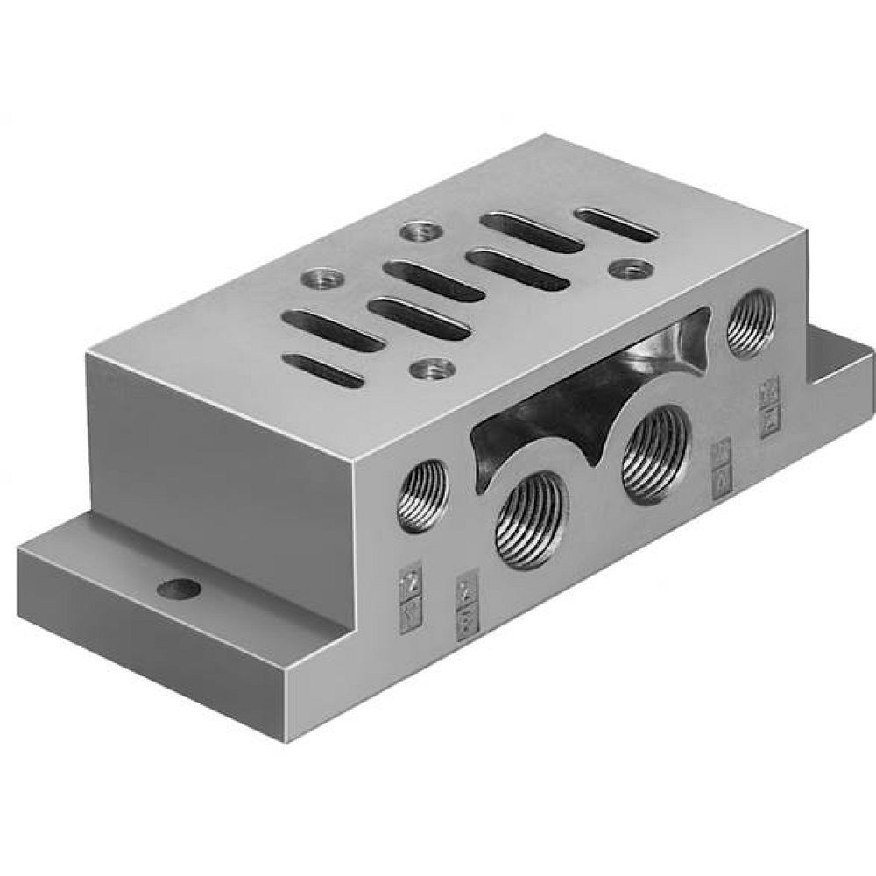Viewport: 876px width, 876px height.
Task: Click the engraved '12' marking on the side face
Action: (x=408, y=578)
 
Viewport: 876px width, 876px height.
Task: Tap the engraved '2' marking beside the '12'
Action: (x=464, y=589)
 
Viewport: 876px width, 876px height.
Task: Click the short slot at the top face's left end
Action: (x=325, y=370)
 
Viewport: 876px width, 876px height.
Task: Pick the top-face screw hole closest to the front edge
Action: (x=430, y=369)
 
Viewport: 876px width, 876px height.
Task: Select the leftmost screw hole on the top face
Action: (x=313, y=279)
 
